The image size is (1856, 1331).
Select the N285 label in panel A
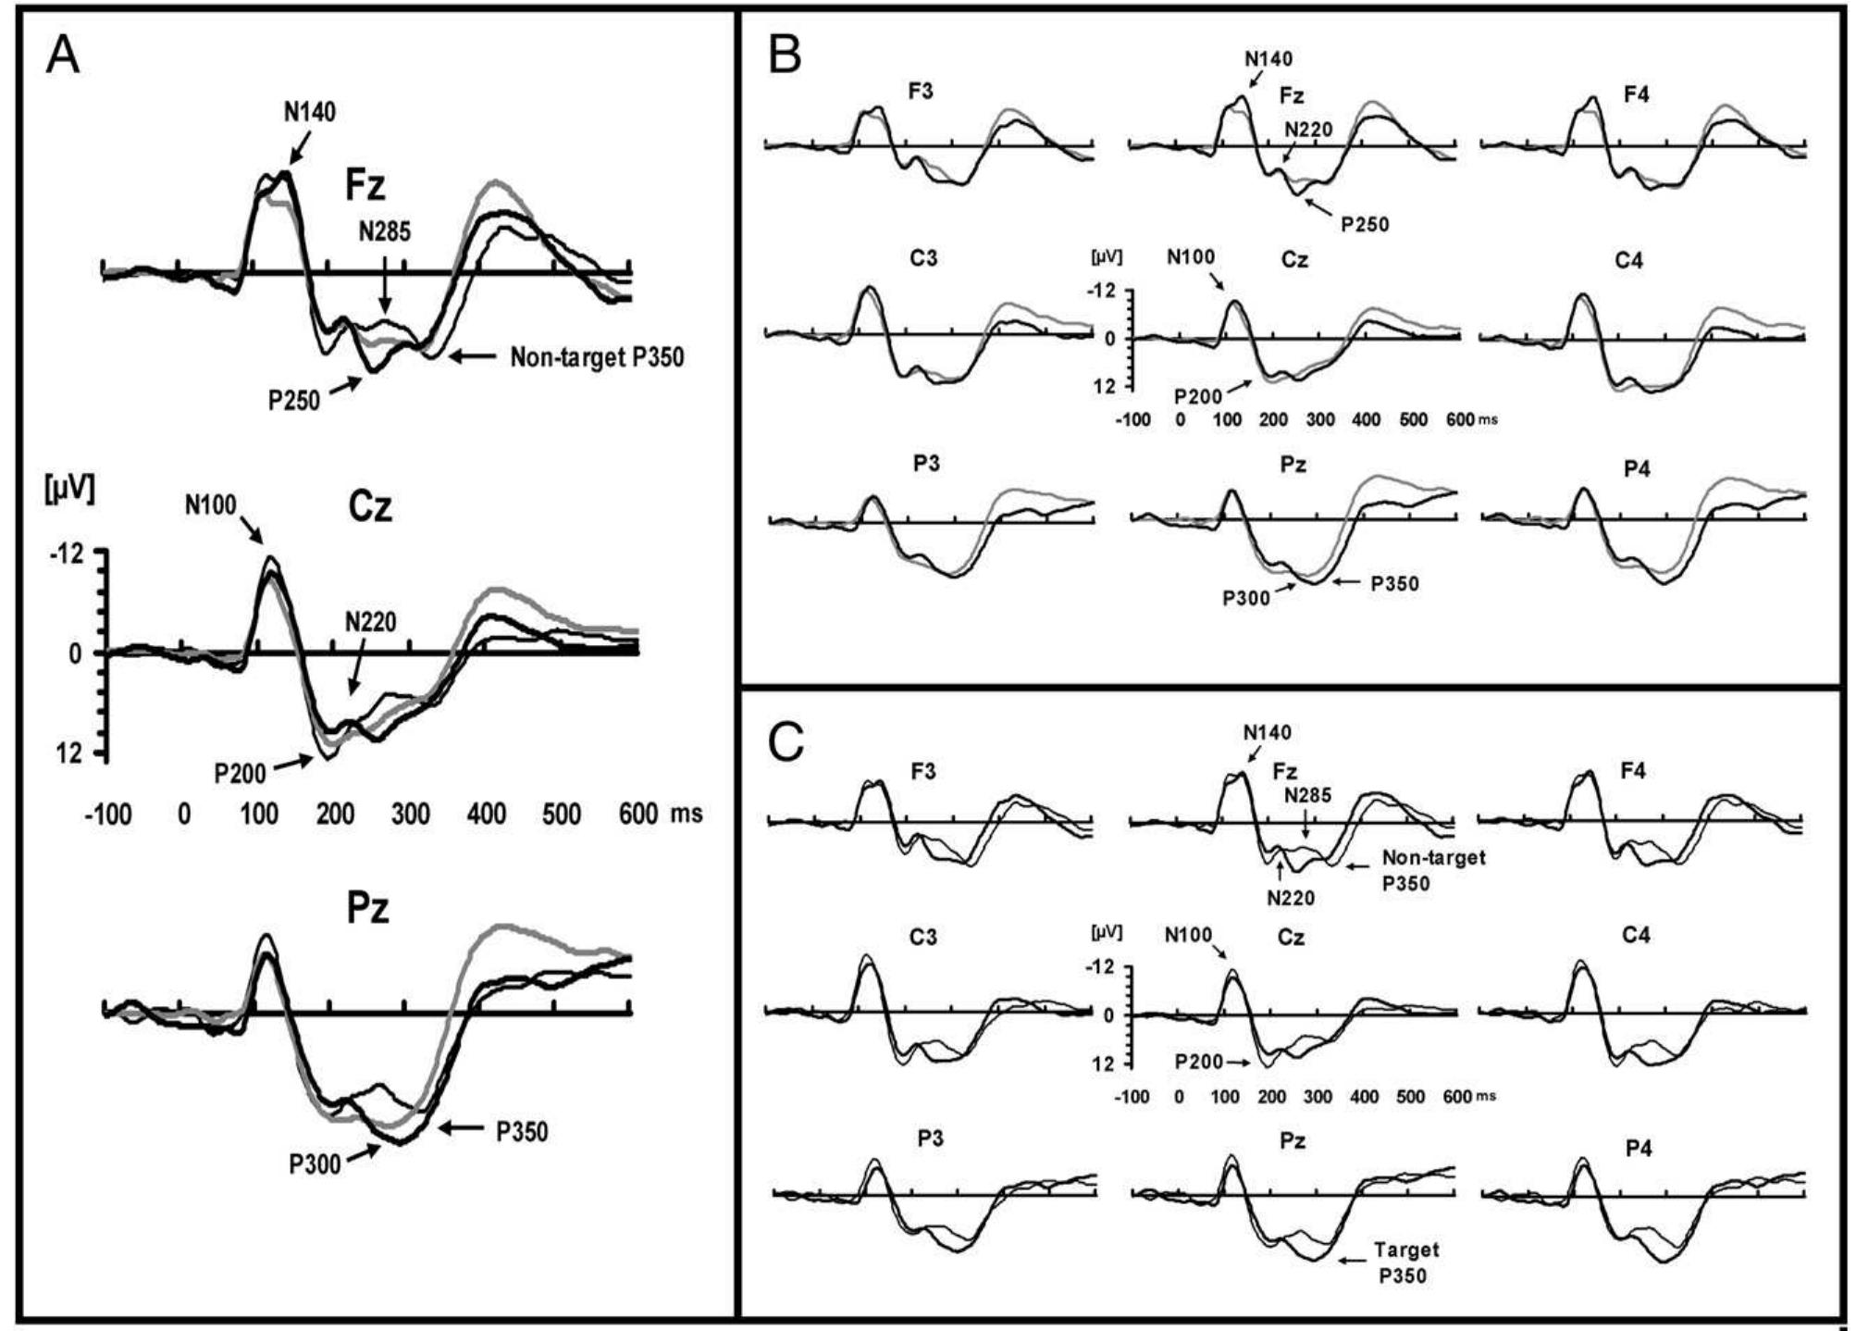pyautogui.click(x=385, y=231)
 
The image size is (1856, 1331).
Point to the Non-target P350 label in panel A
pyautogui.click(x=597, y=357)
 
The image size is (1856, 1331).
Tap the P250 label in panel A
pyautogui.click(x=294, y=401)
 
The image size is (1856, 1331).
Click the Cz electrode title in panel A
pyautogui.click(x=369, y=507)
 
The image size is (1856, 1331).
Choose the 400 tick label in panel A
pyautogui.click(x=486, y=815)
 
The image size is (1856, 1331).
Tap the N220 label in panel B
pyautogui.click(x=1307, y=130)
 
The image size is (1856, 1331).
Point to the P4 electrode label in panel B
pyautogui.click(x=1637, y=469)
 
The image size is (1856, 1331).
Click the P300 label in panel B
pyautogui.click(x=1247, y=598)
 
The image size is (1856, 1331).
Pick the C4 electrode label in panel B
pyautogui.click(x=1628, y=260)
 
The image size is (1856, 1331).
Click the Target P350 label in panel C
pyautogui.click(x=1405, y=1263)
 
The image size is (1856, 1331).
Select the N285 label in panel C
pyautogui.click(x=1306, y=795)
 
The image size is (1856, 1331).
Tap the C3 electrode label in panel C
pyautogui.click(x=922, y=937)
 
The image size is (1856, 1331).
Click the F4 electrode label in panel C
pyautogui.click(x=1633, y=770)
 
